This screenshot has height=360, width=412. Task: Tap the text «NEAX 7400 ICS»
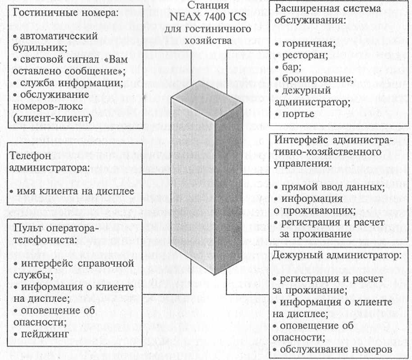click(207, 18)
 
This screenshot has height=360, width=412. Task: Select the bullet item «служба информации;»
click(68, 83)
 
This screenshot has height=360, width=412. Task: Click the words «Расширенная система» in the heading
click(328, 8)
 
